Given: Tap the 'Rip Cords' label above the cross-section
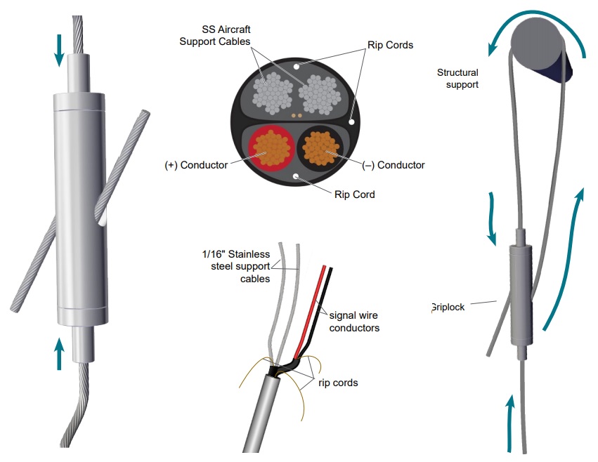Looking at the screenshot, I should coord(390,45).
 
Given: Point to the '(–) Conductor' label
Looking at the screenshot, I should coord(394,166).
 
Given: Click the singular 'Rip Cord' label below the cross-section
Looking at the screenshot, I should coord(354,194).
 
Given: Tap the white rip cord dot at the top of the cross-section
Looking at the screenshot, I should coord(298,66).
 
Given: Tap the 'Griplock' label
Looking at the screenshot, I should coord(448,307).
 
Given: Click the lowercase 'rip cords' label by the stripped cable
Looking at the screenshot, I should coord(337,383).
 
